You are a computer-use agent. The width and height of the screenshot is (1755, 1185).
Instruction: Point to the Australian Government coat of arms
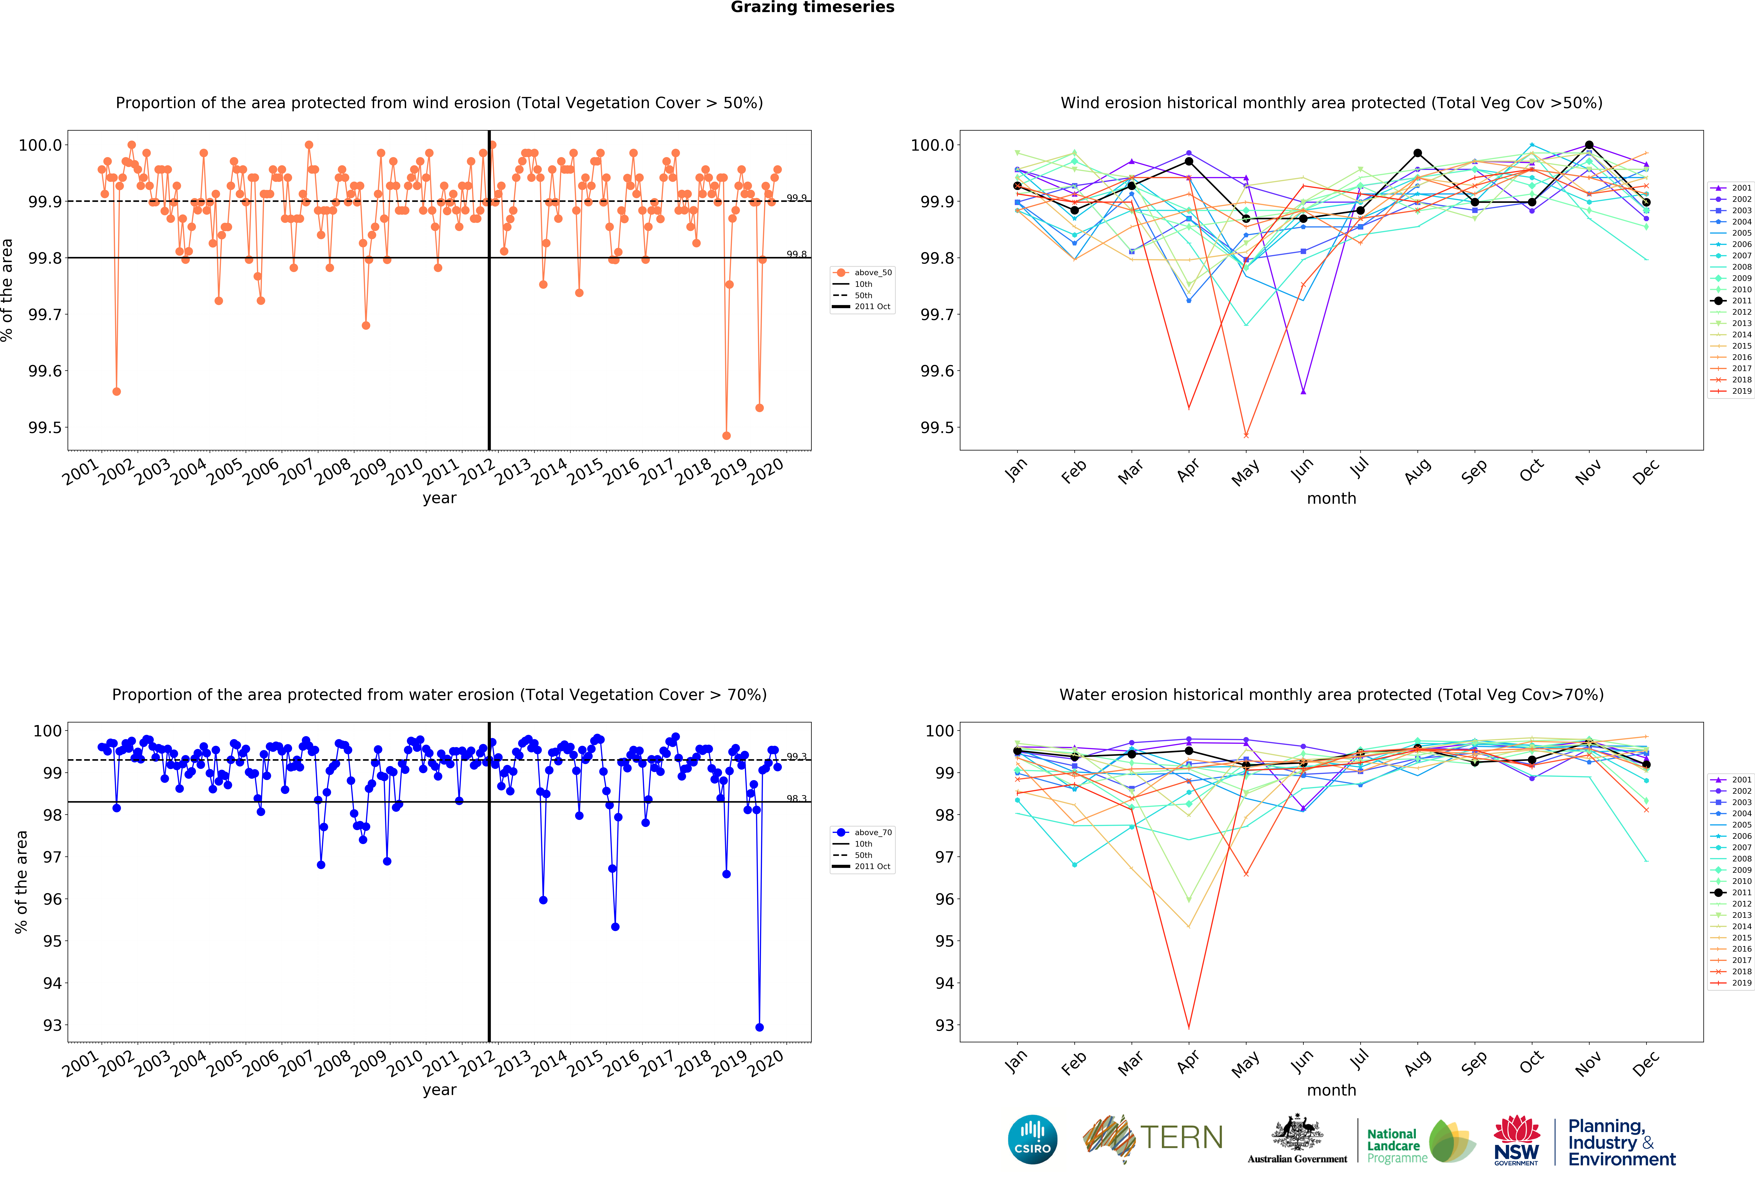click(1297, 1132)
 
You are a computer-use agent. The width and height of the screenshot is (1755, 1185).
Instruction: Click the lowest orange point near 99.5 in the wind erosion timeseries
click(726, 435)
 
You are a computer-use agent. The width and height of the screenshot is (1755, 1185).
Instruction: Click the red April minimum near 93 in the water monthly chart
click(1189, 1027)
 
